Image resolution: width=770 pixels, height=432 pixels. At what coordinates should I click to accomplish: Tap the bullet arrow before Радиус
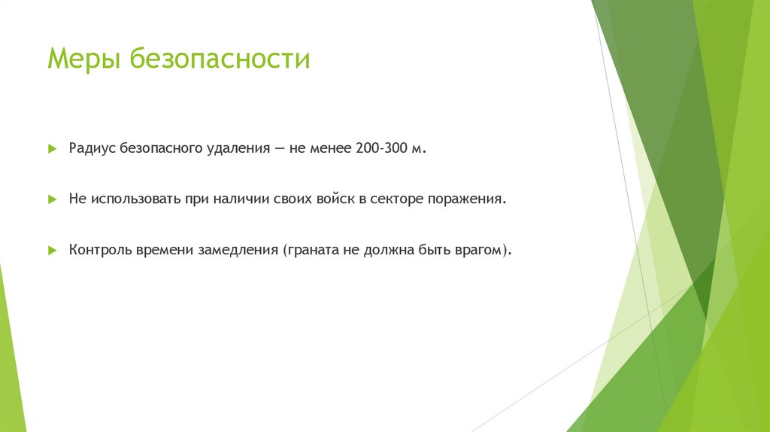pos(52,150)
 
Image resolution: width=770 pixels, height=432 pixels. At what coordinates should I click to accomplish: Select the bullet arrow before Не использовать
pos(52,199)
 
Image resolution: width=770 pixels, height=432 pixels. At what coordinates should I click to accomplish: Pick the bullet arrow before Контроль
pos(52,250)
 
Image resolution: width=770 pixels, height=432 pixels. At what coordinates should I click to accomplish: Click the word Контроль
pos(100,250)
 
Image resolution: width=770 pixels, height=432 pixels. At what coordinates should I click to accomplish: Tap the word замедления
pos(238,250)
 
